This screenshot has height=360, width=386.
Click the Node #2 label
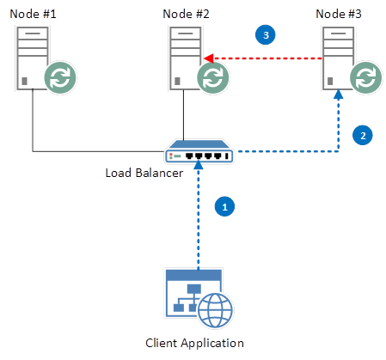tap(186, 13)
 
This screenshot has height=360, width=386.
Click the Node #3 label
tap(338, 13)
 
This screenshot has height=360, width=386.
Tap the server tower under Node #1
tap(31, 57)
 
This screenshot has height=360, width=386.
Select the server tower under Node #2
tap(181, 57)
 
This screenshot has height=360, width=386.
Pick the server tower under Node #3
tap(335, 57)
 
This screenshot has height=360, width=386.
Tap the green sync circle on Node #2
tap(212, 77)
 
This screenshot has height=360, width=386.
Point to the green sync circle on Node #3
tap(365, 77)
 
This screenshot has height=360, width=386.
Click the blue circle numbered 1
tap(224, 207)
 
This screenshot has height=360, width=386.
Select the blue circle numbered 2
tap(363, 135)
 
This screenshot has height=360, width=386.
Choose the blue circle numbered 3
tap(267, 34)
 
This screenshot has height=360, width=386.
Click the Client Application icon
tap(193, 296)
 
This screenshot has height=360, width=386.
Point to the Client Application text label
tap(194, 343)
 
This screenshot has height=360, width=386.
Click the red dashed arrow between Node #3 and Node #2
tap(267, 58)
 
